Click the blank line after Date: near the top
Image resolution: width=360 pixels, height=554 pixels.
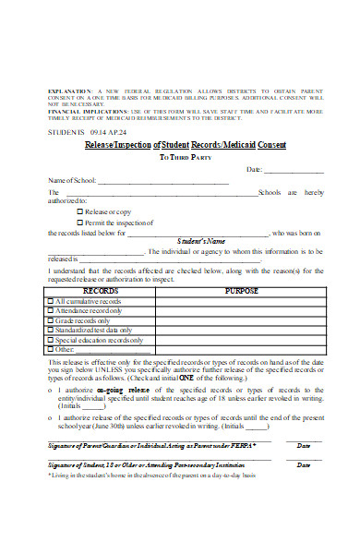coord(294,171)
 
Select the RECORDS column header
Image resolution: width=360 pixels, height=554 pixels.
coord(100,290)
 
